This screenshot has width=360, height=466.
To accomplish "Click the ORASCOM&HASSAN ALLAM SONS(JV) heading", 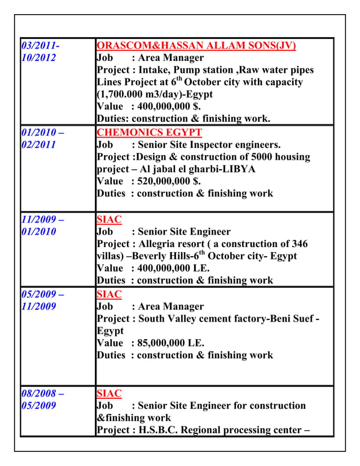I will pos(196,46).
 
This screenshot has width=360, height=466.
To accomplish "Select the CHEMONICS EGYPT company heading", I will pos(149,133).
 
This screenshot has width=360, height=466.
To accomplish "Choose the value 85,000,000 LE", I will pos(168,342).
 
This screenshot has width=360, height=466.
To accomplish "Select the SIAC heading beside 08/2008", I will pos(109,393).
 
